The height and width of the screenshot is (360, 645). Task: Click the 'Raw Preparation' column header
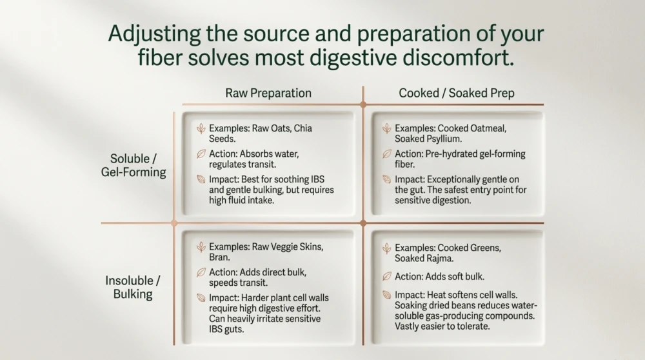coord(268,93)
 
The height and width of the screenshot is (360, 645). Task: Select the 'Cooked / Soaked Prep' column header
coord(456,93)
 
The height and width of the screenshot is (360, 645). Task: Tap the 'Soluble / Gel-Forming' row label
coord(134,165)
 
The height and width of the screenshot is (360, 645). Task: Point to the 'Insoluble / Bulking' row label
coord(133,287)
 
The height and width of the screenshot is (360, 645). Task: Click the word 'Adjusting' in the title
coord(154,34)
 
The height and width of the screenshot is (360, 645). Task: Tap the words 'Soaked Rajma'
coord(424,258)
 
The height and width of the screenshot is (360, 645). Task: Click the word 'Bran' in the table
coord(218,257)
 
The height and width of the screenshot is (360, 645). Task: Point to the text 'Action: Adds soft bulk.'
coord(439,277)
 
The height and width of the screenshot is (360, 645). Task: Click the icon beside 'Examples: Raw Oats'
coord(201,128)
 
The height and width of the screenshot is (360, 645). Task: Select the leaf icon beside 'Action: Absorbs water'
coord(201,154)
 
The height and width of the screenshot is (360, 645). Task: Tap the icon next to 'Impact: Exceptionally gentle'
coord(386,179)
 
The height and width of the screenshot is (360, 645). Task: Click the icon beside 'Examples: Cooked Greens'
coord(386,248)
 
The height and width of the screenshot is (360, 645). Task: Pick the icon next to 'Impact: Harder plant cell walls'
coord(201,297)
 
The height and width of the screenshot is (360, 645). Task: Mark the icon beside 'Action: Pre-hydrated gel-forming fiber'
coord(386,154)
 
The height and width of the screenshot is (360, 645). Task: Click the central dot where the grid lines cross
coord(362,223)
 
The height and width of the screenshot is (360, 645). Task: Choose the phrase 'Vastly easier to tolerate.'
coord(442,326)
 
